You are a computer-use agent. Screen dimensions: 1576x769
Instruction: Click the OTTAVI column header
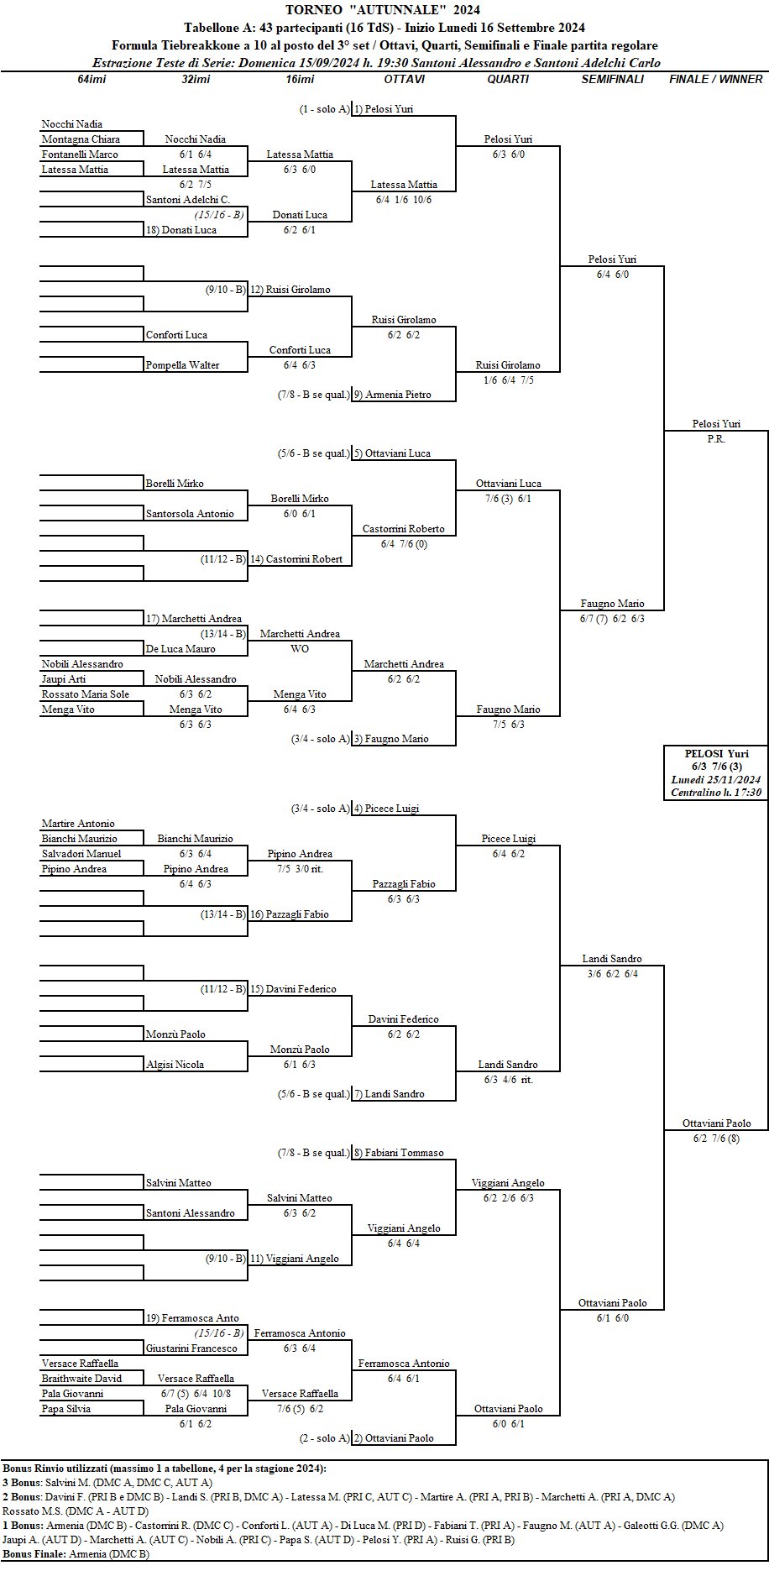click(x=404, y=79)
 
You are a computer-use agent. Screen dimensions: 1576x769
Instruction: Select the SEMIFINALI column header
click(x=612, y=79)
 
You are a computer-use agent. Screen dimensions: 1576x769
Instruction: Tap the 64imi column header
click(x=92, y=79)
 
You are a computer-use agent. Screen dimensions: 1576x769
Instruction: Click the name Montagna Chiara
click(x=81, y=139)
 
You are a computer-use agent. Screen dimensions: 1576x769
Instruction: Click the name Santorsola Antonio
click(x=190, y=514)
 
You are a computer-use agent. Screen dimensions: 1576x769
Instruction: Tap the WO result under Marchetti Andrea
click(x=300, y=649)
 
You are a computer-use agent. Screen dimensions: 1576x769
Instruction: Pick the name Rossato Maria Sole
click(x=86, y=694)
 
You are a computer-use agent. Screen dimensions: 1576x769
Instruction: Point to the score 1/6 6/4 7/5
click(x=508, y=380)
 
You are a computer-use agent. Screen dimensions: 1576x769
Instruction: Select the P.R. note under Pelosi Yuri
click(x=715, y=439)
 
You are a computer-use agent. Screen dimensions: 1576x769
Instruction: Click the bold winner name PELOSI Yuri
click(x=716, y=753)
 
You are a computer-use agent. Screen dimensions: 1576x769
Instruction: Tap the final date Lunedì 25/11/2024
click(x=716, y=779)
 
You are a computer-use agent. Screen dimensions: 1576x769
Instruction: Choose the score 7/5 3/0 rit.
click(x=300, y=869)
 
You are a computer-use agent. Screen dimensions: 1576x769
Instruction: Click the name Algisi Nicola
click(x=175, y=1065)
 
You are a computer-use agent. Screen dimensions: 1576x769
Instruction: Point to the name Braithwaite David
click(x=81, y=1379)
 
